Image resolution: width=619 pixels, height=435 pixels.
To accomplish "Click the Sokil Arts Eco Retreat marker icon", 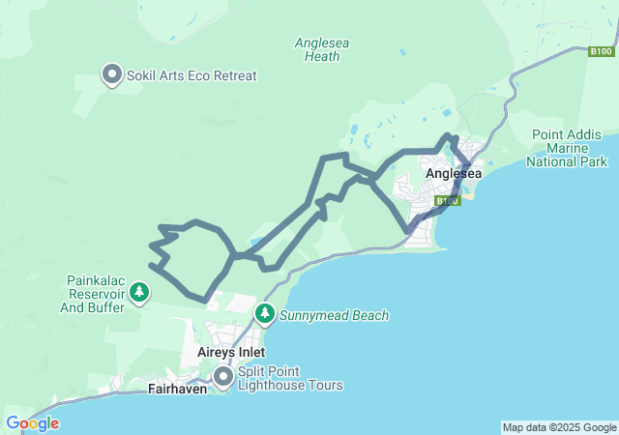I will tap(111, 73).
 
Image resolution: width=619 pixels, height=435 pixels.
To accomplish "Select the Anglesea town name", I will tap(454, 174).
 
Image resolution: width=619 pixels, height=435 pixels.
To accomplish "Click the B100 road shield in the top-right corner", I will tap(602, 50).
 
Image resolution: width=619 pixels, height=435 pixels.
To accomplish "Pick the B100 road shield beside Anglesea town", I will tap(447, 201).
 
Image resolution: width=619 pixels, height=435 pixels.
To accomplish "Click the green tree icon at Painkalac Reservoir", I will tap(139, 291).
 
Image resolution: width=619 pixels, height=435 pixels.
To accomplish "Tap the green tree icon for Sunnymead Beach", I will tap(265, 314).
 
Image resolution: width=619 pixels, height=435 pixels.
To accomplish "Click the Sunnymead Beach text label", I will tap(334, 315).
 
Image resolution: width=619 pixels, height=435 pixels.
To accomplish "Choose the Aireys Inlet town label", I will tap(231, 353).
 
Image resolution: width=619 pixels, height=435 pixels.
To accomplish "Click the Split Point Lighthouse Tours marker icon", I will tap(223, 376).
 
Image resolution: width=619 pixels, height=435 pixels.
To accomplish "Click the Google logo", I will tap(32, 423).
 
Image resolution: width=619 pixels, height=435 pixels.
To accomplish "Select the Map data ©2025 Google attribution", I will tap(558, 427).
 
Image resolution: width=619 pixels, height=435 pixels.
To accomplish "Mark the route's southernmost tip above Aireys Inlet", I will tap(206, 300).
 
